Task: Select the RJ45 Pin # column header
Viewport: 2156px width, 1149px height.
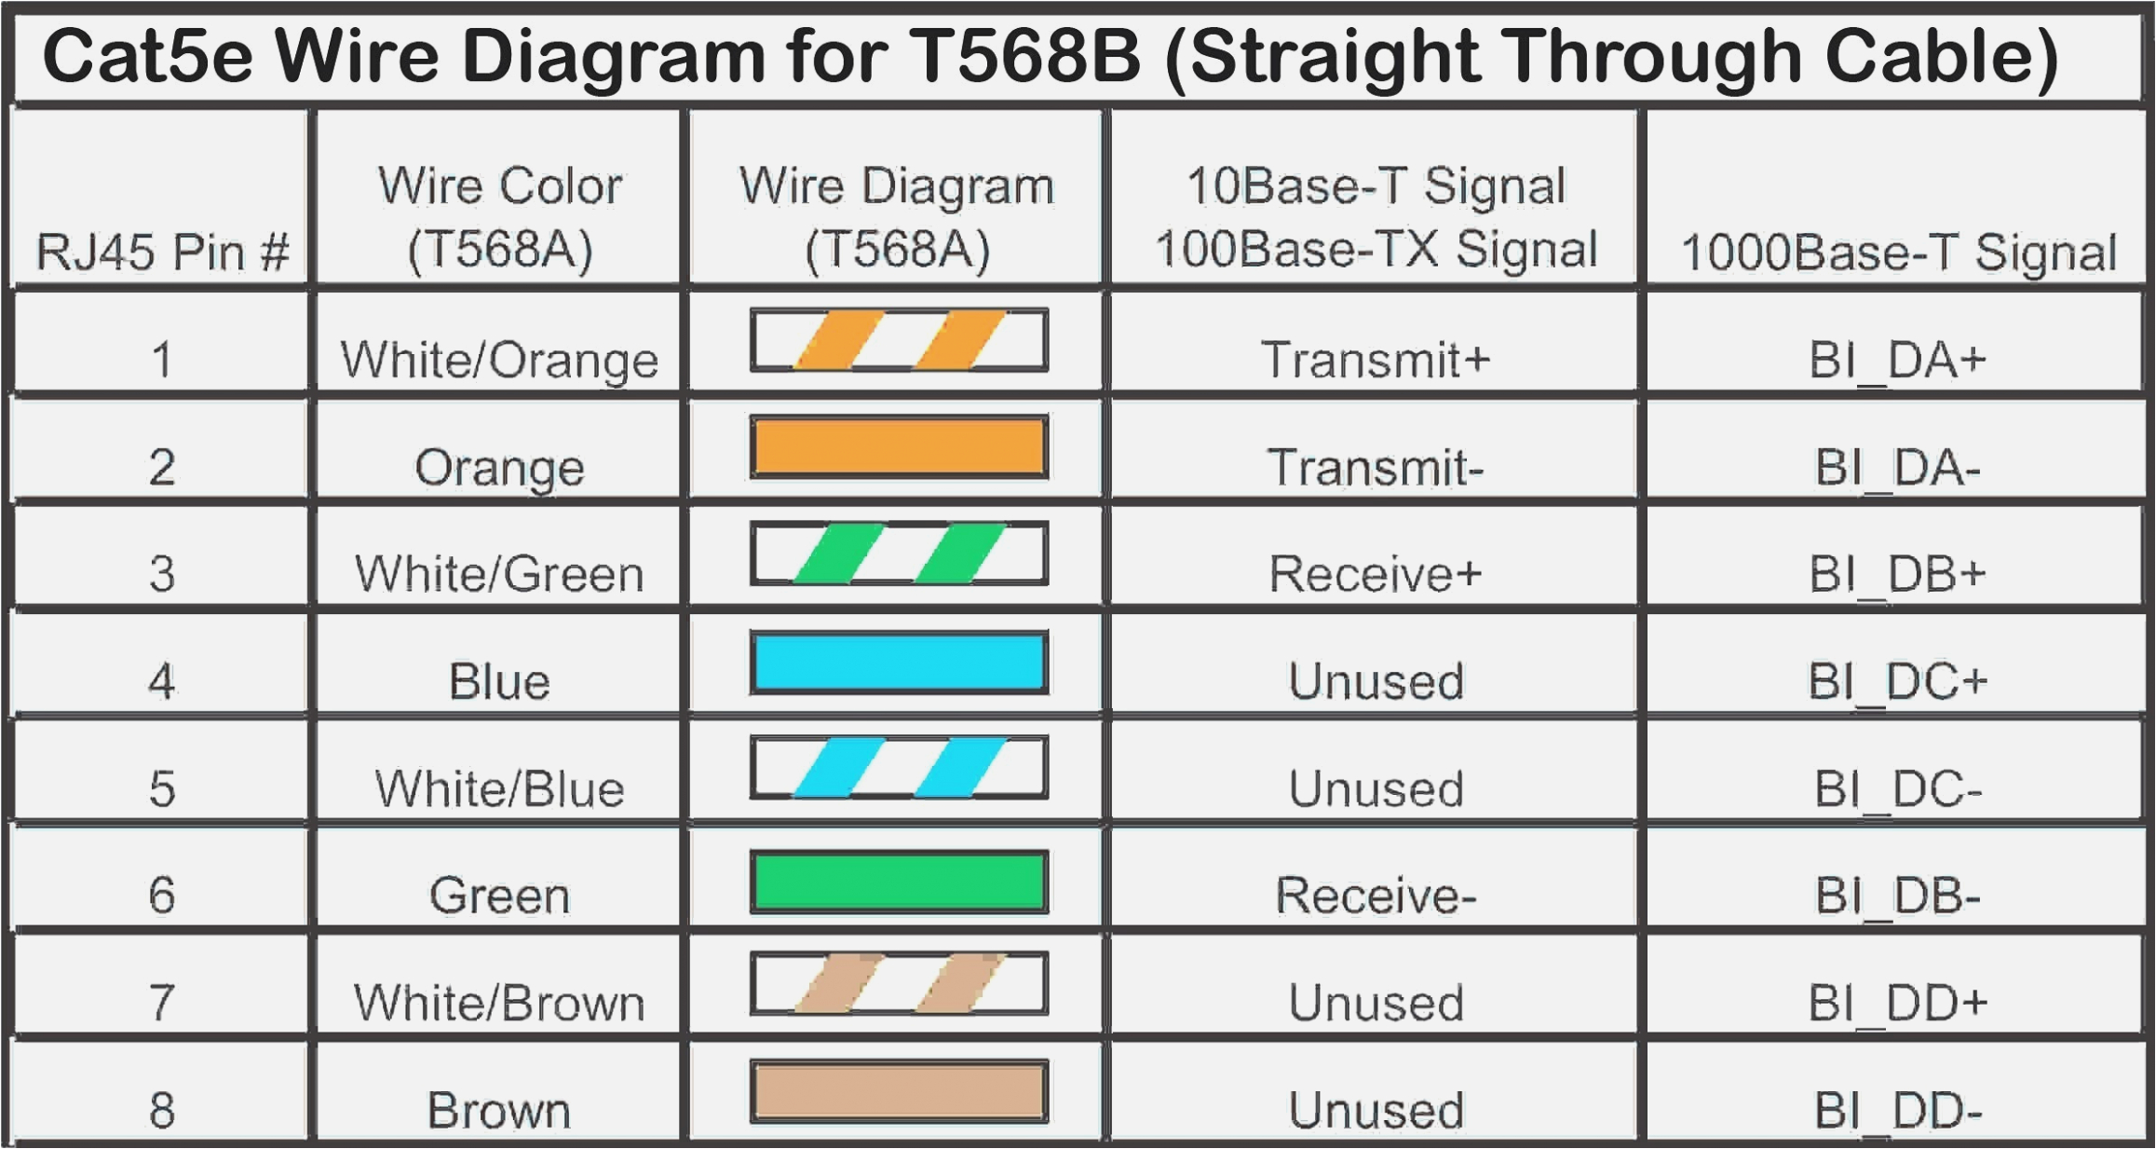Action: pos(162,252)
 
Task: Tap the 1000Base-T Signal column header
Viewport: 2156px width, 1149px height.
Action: pos(1898,252)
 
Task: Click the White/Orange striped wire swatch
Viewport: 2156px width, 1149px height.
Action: pos(899,340)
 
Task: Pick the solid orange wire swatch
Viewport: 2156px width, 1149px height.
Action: pos(899,447)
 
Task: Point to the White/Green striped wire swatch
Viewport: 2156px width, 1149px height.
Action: pos(899,554)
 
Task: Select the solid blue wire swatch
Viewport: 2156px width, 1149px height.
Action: pos(899,663)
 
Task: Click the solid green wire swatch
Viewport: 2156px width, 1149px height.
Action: pos(899,882)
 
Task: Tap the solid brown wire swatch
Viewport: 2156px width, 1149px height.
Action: pos(899,1091)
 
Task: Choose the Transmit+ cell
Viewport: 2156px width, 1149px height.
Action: pos(1375,360)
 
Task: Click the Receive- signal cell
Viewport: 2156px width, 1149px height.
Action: pos(1375,896)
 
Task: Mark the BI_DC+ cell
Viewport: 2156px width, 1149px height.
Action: pos(1897,681)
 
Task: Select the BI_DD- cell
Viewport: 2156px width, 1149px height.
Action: pos(1897,1110)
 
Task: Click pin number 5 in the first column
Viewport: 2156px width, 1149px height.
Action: pos(162,788)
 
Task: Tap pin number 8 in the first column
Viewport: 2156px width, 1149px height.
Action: pos(162,1110)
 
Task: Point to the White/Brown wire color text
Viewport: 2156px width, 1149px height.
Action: pos(499,1003)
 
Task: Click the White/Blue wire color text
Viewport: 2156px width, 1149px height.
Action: pos(499,788)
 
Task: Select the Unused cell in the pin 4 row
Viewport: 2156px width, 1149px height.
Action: pos(1375,681)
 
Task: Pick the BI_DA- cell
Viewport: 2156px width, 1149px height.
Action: pos(1897,467)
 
